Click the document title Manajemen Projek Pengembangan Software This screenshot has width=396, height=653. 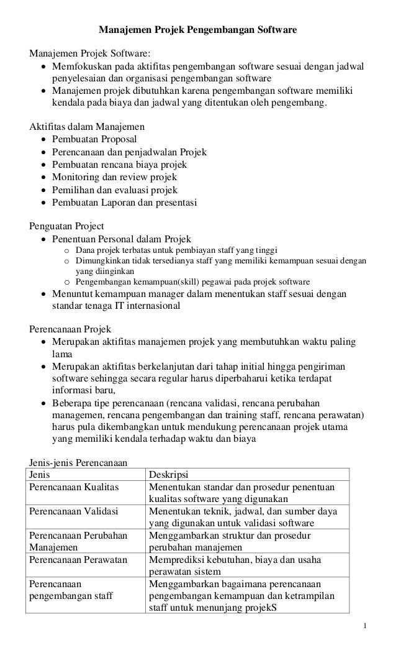coord(198,29)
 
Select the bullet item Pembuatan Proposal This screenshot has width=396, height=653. coord(94,139)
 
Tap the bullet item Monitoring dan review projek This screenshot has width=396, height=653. coord(114,177)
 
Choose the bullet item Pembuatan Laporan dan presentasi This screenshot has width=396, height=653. coord(124,203)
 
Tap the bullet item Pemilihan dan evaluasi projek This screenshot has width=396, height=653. coord(115,190)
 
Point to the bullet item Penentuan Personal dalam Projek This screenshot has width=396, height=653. coord(122,239)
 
